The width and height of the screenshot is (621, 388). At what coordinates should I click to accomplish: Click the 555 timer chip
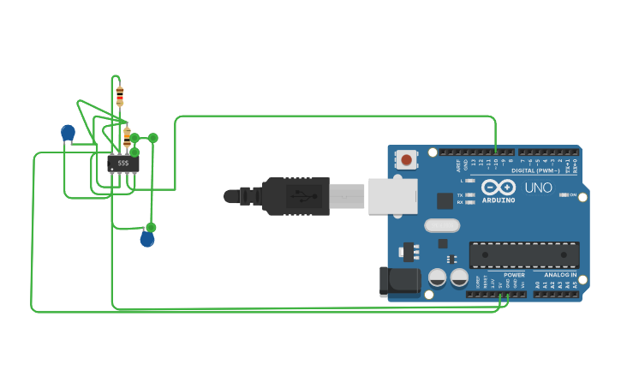pyautogui.click(x=123, y=162)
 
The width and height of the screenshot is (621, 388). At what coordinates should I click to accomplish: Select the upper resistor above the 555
pyautogui.click(x=119, y=95)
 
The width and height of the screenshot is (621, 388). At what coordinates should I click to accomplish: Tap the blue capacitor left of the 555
pyautogui.click(x=68, y=133)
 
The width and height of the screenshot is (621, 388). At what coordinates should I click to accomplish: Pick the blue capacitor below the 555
pyautogui.click(x=147, y=239)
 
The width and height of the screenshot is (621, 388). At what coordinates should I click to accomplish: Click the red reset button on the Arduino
pyautogui.click(x=406, y=159)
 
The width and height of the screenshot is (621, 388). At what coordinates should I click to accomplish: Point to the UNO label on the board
pyautogui.click(x=538, y=188)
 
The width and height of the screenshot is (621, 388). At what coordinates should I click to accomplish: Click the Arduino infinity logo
pyautogui.click(x=498, y=188)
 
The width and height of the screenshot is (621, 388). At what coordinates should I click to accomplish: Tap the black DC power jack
pyautogui.click(x=399, y=281)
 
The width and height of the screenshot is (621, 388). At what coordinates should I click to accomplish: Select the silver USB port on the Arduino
pyautogui.click(x=392, y=196)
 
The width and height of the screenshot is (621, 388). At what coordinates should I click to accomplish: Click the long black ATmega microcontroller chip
pyautogui.click(x=523, y=254)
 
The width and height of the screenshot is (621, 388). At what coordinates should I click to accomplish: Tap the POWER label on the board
pyautogui.click(x=514, y=275)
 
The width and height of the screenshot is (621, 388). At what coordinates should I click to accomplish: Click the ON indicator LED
pyautogui.click(x=564, y=195)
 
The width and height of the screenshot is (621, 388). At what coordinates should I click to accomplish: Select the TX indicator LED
pyautogui.click(x=469, y=195)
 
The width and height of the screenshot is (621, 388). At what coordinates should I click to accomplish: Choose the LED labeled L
pyautogui.click(x=469, y=181)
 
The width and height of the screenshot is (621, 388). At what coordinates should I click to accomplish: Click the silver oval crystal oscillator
pyautogui.click(x=442, y=226)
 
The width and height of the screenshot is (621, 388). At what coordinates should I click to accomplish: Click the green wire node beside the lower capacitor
pyautogui.click(x=151, y=227)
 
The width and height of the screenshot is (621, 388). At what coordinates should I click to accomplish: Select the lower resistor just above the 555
pyautogui.click(x=127, y=135)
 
